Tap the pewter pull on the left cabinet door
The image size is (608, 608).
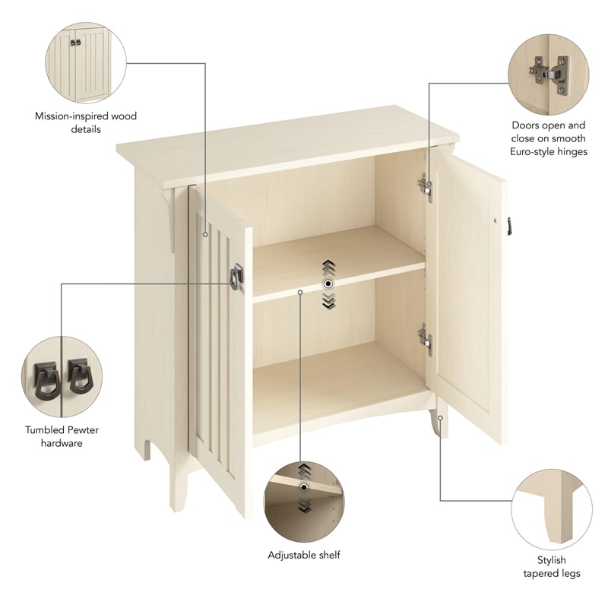236,275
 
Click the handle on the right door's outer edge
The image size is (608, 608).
510,226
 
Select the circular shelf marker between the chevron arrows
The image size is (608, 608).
328,283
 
